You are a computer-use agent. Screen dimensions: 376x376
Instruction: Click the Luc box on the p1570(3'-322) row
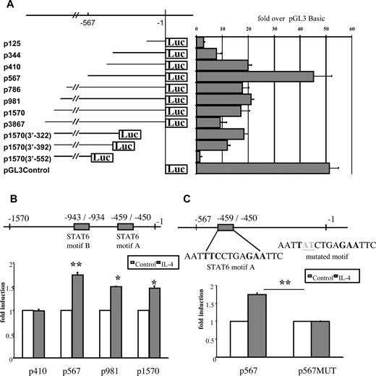(x=129, y=134)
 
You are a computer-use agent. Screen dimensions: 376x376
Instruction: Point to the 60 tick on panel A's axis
(x=352, y=29)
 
